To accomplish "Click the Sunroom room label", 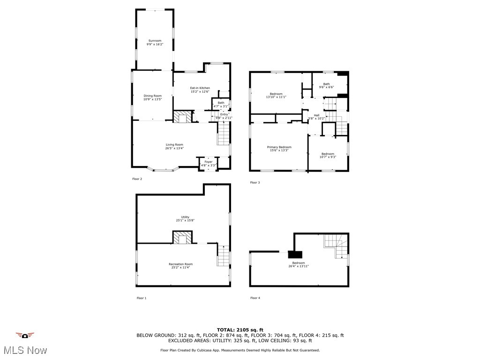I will tap(155, 41).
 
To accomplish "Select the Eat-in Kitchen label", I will tap(200, 88).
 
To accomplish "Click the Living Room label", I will tap(174, 144).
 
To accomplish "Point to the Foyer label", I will tap(208, 162).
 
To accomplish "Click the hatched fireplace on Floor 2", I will tap(183, 116).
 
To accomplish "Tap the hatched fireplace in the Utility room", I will tap(182, 238).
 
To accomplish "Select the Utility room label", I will tap(185, 217).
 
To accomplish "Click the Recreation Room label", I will tap(180, 264).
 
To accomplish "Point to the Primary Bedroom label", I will tap(279, 147).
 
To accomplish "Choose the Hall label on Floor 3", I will tap(316, 115).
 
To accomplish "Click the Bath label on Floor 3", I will tap(326, 84).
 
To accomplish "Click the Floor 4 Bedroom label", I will tap(298, 263).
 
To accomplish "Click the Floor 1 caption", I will tap(142, 298).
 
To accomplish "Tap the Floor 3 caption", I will tap(255, 182).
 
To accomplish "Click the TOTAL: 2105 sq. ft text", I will tap(240, 330).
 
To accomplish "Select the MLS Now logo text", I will tap(25, 350).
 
